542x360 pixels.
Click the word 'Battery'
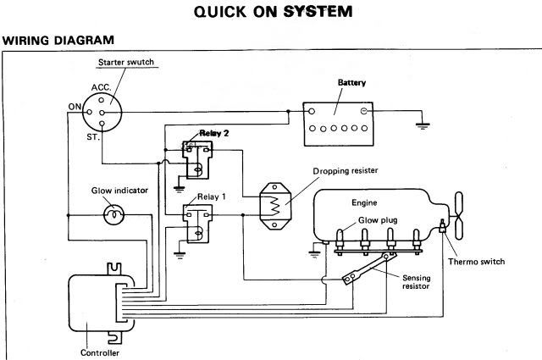[351, 83]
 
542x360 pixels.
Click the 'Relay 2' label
[213, 134]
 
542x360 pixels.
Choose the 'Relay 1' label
[211, 196]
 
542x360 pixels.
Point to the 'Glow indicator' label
[120, 191]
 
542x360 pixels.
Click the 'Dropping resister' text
[346, 170]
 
